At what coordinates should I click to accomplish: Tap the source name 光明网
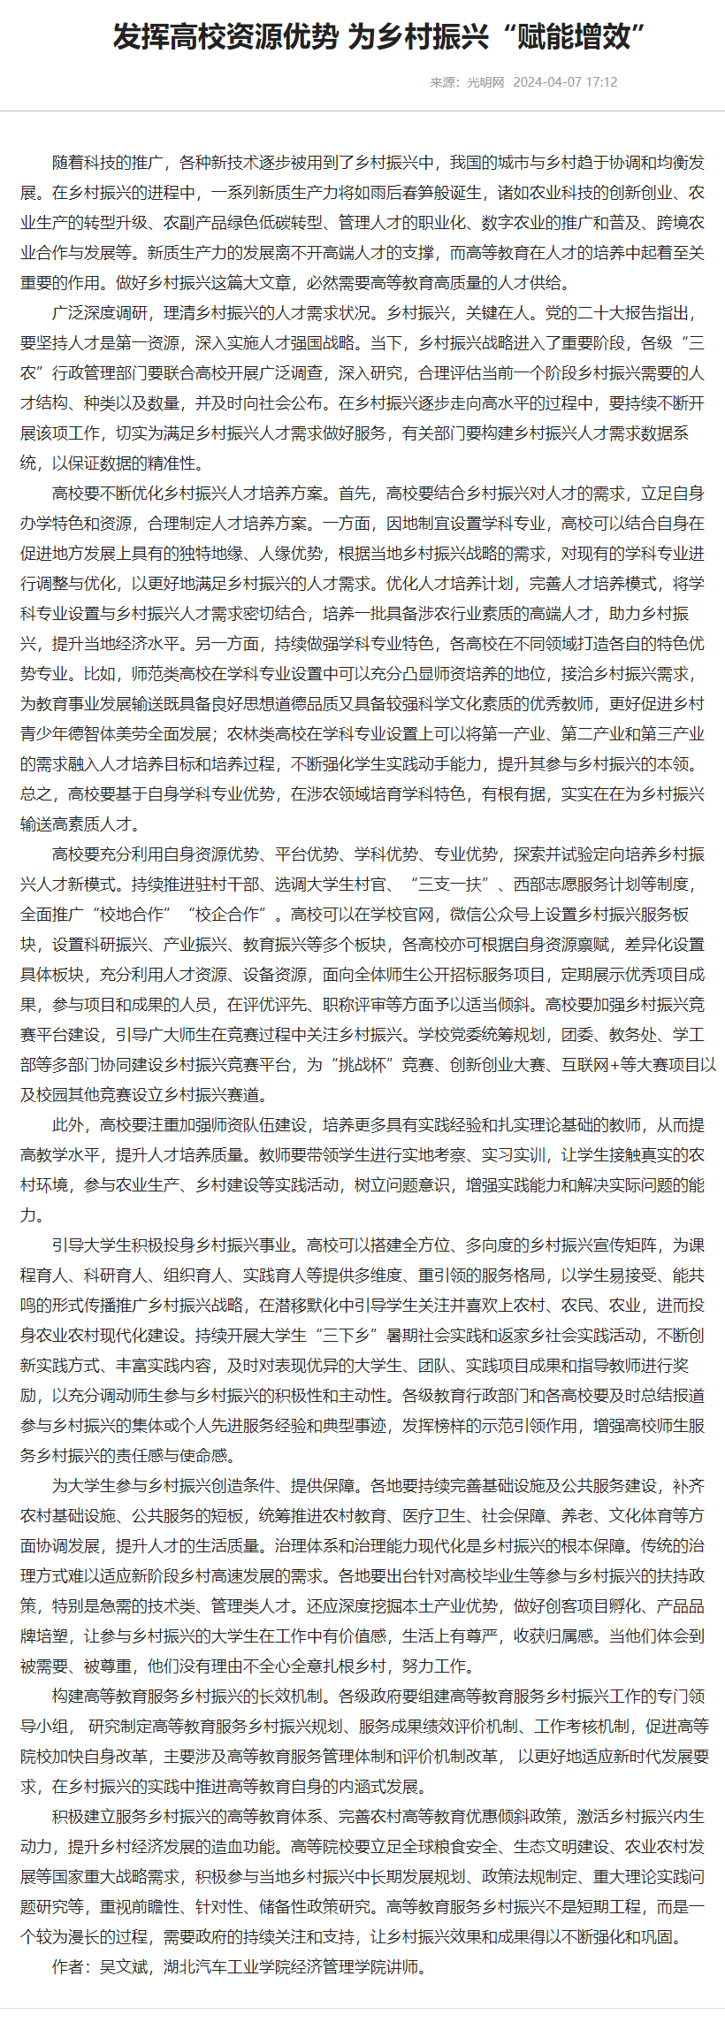(485, 82)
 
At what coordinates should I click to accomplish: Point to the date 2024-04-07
(547, 82)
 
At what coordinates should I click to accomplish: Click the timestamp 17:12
(601, 82)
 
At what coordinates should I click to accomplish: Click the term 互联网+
(593, 1065)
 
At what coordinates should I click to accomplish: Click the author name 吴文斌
(124, 1967)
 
